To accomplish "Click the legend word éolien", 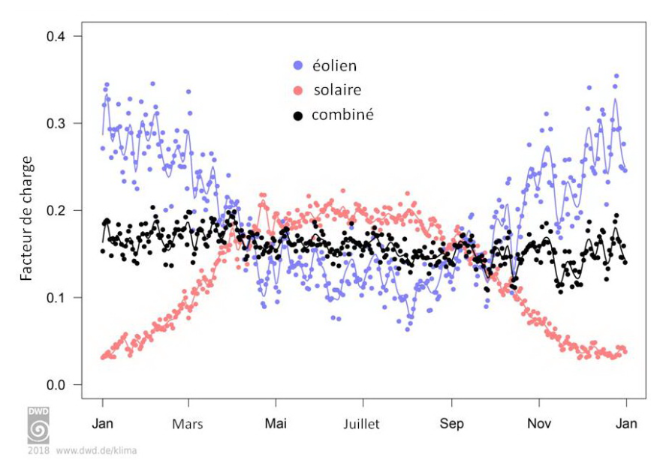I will tap(334, 65).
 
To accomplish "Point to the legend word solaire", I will tap(336, 90).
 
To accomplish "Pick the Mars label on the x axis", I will tap(188, 424).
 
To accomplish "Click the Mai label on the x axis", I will tap(276, 423).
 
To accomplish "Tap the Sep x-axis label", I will tap(451, 424).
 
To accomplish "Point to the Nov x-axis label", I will tap(538, 423).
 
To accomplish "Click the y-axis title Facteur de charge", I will tap(26, 218).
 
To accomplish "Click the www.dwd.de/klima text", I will tap(96, 452).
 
